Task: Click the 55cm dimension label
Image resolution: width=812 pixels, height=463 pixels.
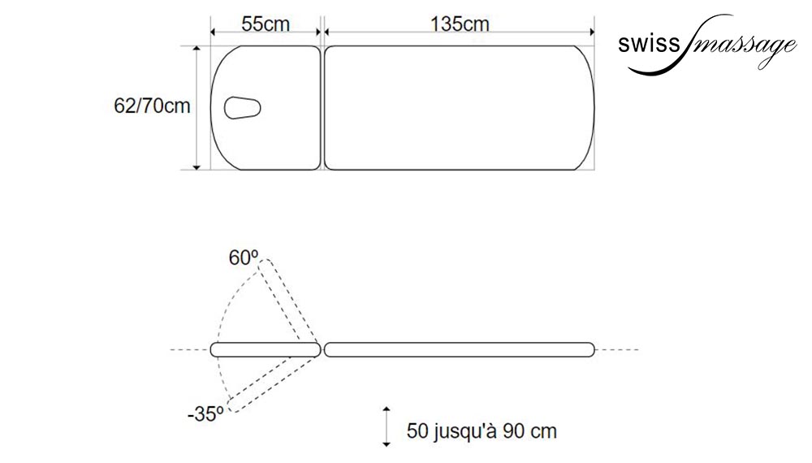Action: point(266,24)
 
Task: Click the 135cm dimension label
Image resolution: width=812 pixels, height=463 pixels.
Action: point(460,24)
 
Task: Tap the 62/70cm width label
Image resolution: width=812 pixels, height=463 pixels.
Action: point(153,106)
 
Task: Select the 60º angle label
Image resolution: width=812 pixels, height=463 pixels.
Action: point(244,257)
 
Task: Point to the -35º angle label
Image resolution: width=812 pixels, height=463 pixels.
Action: point(205,414)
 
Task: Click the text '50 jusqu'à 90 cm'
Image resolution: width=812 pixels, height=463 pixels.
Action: point(482,431)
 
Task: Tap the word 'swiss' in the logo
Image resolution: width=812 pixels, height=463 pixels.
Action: point(648,44)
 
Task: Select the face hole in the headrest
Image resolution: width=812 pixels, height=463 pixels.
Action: point(242,108)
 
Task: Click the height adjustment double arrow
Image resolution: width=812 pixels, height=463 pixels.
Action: point(387,426)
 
